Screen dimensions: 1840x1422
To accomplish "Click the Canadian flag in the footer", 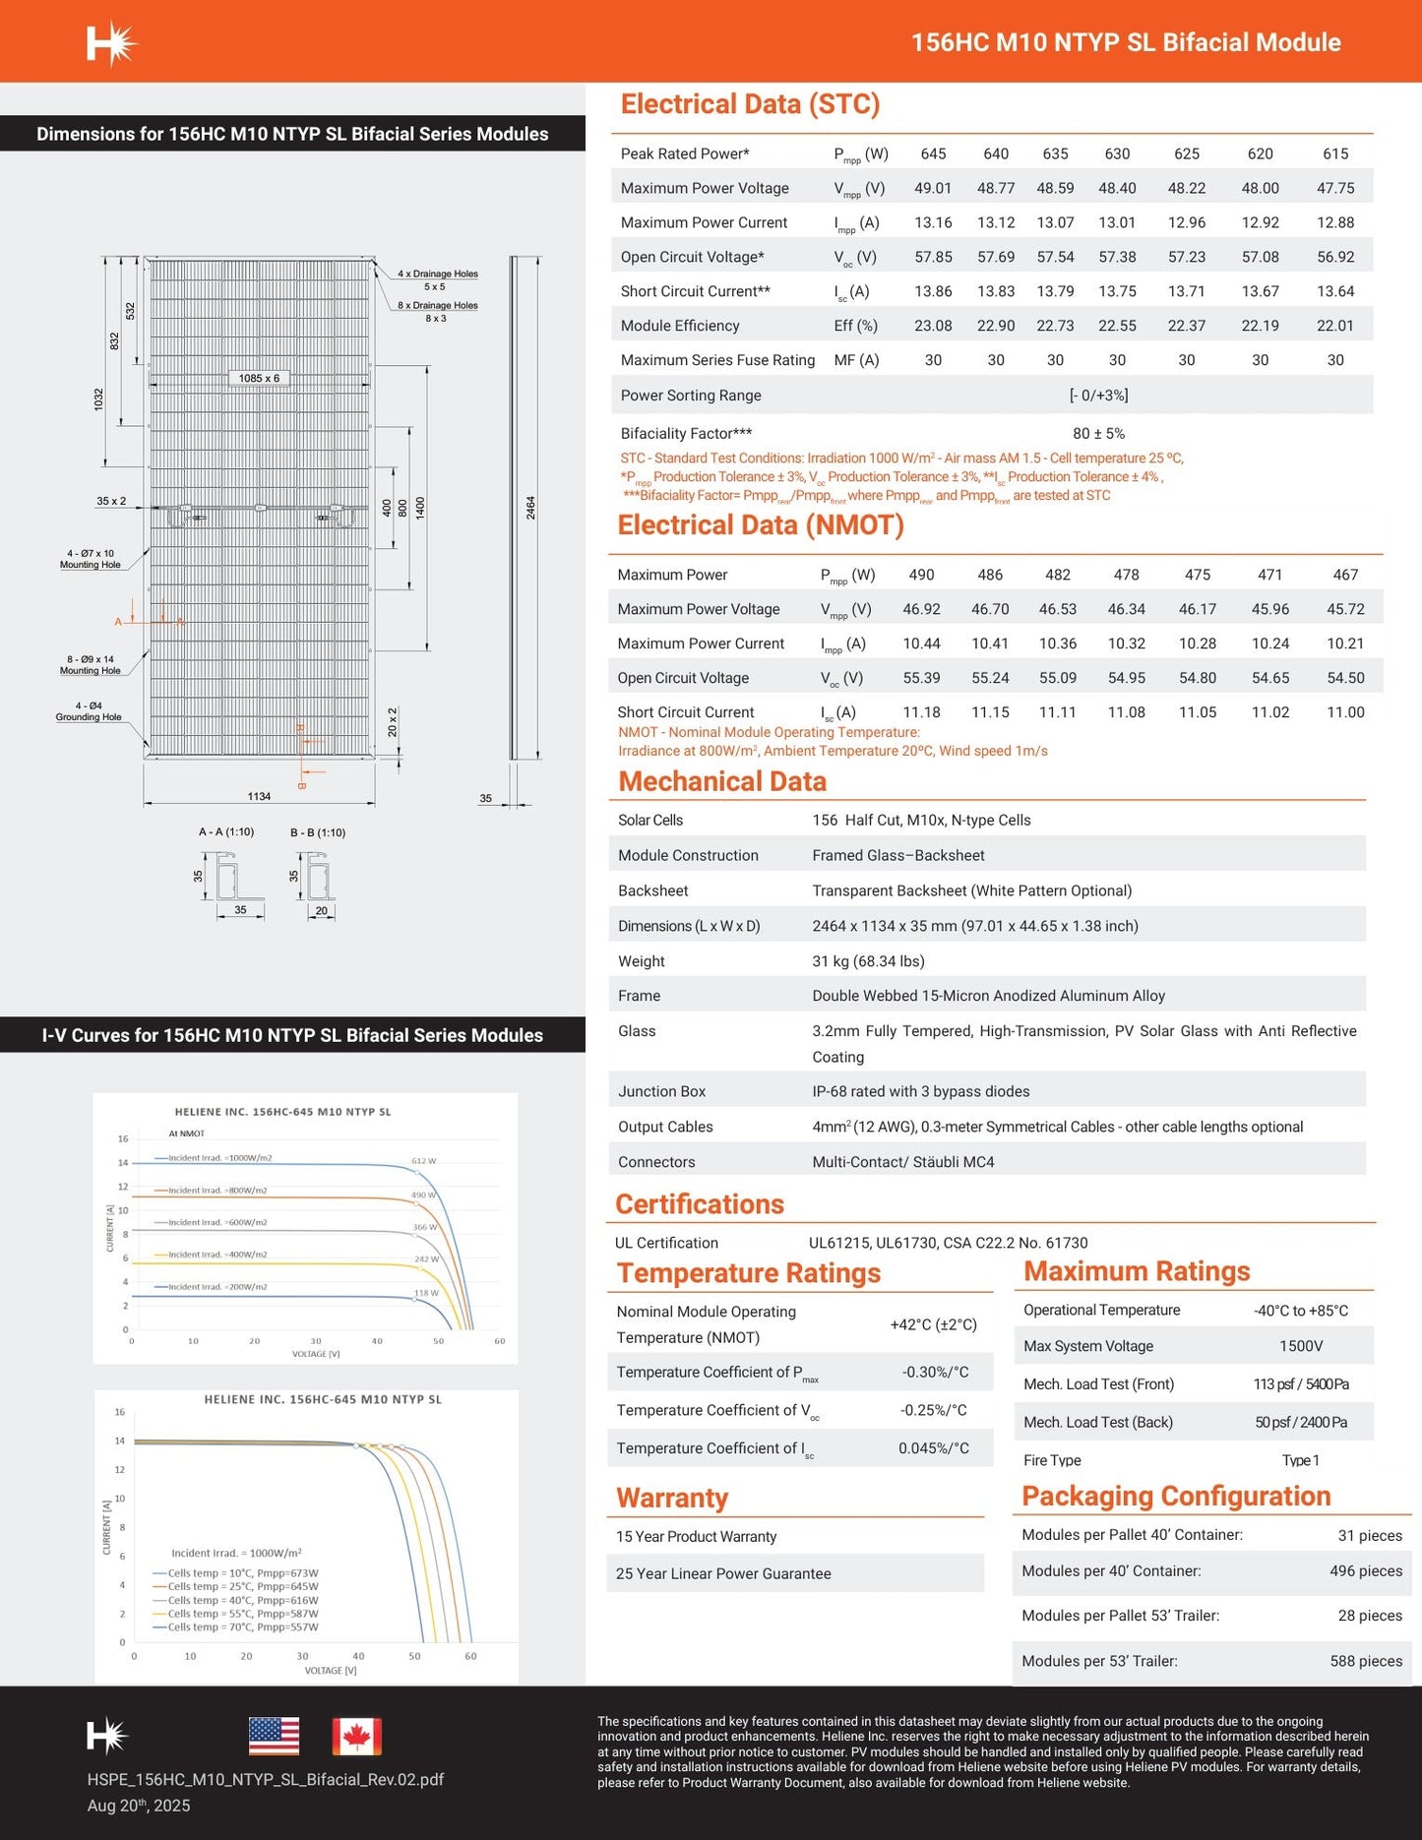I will [356, 1737].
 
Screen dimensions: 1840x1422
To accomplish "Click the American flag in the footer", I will [274, 1737].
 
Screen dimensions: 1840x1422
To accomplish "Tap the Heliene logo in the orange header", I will [111, 43].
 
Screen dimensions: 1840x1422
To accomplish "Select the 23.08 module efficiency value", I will [933, 326].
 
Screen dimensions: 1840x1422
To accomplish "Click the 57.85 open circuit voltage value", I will [933, 257].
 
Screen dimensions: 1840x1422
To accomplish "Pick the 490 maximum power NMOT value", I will [921, 575].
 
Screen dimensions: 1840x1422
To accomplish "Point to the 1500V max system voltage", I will [1300, 1346].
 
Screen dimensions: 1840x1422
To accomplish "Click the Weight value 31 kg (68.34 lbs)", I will [868, 961].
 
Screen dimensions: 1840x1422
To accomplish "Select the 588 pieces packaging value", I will [1366, 1661].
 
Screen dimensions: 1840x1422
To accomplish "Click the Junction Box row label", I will [661, 1091].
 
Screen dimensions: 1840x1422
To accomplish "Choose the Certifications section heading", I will [700, 1204].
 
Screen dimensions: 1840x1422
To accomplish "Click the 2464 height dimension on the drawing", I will [531, 508].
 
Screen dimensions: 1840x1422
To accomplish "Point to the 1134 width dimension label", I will [259, 796].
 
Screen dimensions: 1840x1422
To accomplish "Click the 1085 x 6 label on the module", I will [259, 378].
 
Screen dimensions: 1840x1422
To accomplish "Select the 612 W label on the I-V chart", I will [424, 1161].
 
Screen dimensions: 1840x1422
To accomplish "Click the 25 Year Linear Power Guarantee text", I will [723, 1573].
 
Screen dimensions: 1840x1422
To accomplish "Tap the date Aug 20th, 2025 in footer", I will [139, 1806].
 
